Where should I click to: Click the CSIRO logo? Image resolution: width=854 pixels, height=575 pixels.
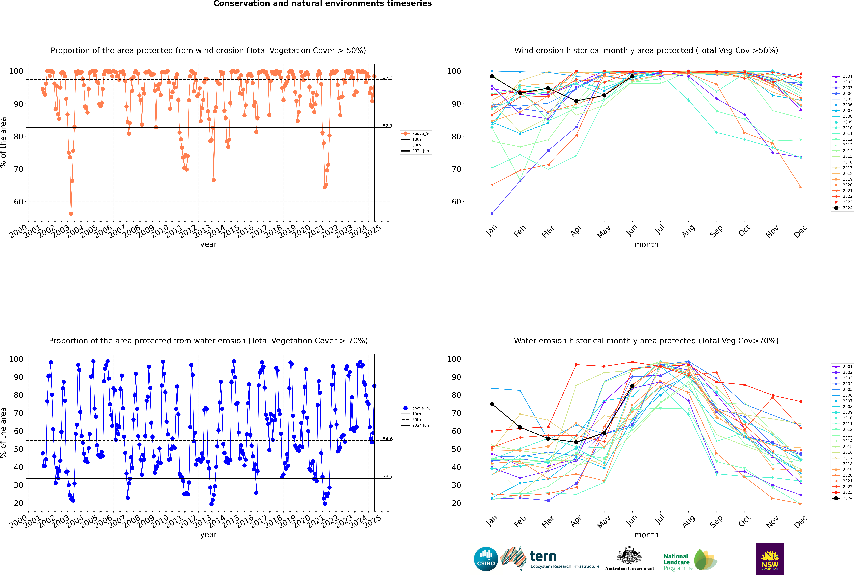coord(486,559)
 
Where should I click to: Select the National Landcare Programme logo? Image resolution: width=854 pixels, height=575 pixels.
coord(690,560)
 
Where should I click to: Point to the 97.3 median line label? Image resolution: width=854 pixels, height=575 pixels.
coord(387,78)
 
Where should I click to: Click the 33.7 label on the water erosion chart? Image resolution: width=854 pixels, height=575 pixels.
coord(387,477)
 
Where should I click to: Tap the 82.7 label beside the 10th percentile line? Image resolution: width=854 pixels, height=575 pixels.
coord(387,126)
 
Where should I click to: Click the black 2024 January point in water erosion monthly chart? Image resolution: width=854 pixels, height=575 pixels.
coord(492,404)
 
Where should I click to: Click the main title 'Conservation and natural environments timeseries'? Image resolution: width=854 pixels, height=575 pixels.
coord(322,4)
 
